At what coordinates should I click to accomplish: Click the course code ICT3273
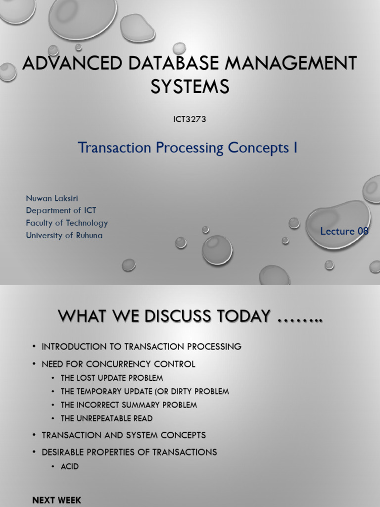point(190,119)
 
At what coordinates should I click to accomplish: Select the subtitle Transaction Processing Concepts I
point(188,148)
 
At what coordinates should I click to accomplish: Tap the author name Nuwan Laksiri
point(52,199)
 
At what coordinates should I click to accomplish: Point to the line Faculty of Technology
point(67,223)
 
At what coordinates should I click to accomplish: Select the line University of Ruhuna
point(64,236)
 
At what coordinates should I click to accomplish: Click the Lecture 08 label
point(344,231)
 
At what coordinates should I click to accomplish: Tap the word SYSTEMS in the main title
point(190,87)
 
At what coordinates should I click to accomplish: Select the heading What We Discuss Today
point(190,315)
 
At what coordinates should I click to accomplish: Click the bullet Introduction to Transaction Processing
point(142,347)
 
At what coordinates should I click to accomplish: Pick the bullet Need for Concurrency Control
point(118,364)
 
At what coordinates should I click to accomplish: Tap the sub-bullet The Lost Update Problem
point(112,378)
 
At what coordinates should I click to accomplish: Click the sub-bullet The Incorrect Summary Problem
point(129,405)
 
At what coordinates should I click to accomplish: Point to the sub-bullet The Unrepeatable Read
point(106,418)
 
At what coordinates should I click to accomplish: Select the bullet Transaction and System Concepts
point(124,435)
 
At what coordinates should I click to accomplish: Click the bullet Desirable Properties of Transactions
point(129,452)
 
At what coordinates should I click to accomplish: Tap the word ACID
point(70,467)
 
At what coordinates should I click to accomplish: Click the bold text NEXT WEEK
point(56,500)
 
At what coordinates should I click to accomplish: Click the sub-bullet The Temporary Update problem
point(144,392)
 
